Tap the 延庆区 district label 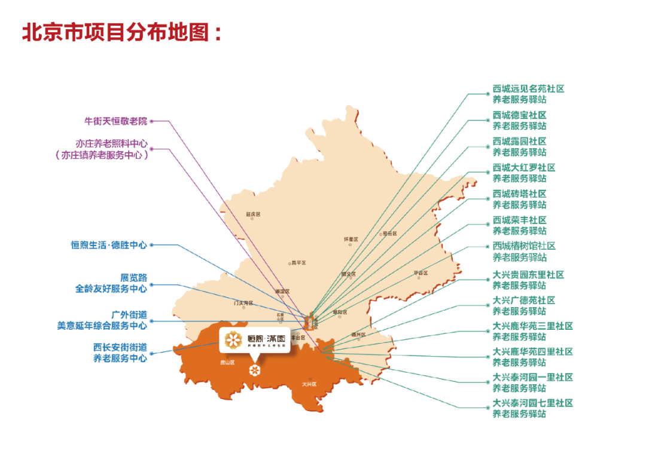[253, 214]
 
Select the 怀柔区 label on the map [351, 239]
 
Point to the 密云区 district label [389, 234]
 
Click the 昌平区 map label [298, 262]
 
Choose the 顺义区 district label [349, 274]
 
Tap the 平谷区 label [422, 273]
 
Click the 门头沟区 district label [243, 303]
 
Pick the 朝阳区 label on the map [340, 312]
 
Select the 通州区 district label [358, 335]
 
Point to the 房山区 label [227, 362]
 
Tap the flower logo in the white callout [234, 341]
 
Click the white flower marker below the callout [254, 371]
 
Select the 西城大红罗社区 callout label [523, 168]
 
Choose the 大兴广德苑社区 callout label [523, 300]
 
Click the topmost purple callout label [115, 121]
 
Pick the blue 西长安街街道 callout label [120, 347]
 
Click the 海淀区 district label [282, 291]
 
